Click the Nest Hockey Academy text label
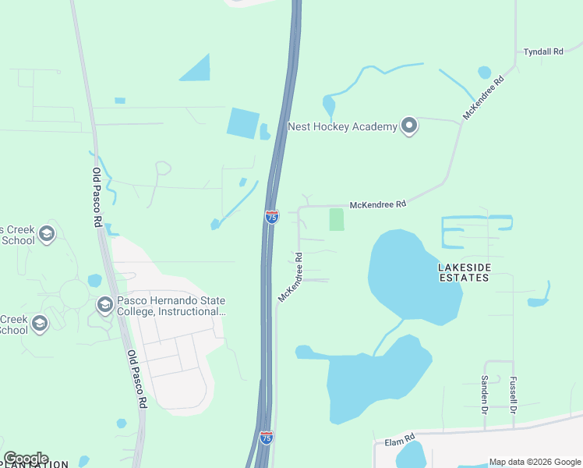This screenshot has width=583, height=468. click(x=342, y=126)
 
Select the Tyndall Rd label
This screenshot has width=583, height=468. click(x=543, y=51)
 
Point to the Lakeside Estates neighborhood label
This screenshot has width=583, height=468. click(x=465, y=271)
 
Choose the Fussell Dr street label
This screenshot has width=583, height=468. click(x=514, y=395)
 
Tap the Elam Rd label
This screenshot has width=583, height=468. click(x=400, y=441)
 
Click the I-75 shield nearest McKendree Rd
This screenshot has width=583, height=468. click(x=271, y=216)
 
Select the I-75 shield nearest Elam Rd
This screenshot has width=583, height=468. click(x=267, y=438)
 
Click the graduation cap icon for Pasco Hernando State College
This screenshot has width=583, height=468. click(x=104, y=305)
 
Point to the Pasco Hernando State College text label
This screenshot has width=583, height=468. click(x=171, y=307)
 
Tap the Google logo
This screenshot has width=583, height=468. click(x=26, y=459)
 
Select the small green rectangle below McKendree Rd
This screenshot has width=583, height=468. click(x=337, y=219)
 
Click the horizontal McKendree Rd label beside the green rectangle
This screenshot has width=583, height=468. click(x=378, y=204)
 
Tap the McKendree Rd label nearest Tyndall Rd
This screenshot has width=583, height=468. click(x=483, y=97)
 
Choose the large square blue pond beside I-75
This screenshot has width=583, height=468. click(x=243, y=123)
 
